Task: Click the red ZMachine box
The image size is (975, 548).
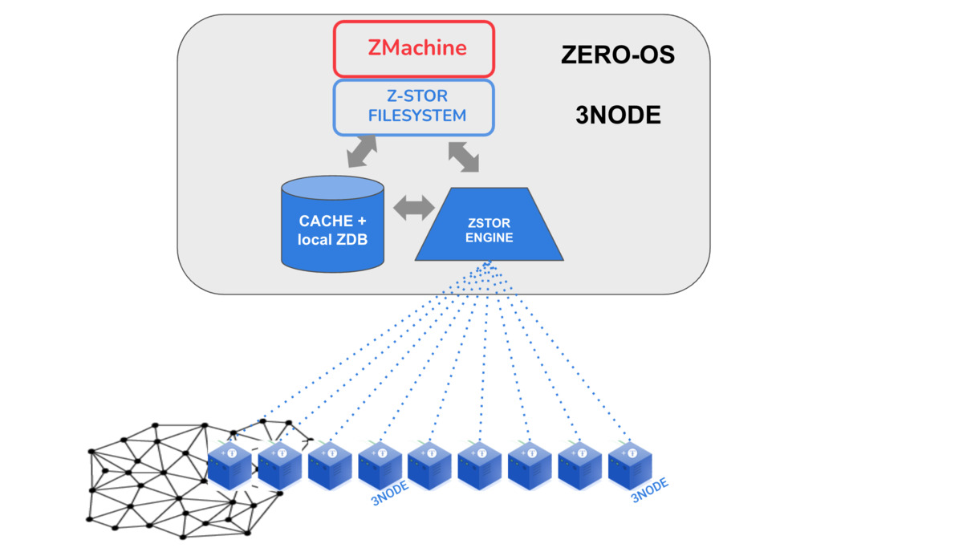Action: (413, 48)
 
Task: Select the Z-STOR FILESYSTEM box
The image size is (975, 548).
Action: (413, 107)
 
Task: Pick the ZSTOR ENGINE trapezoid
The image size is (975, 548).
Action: (488, 229)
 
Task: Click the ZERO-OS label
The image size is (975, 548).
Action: (616, 55)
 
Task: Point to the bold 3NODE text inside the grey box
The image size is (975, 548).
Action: (617, 116)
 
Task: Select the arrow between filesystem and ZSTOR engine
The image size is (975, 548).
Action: (464, 156)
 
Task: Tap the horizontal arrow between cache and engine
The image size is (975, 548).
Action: (414, 208)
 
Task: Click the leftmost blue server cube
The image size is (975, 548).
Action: (230, 466)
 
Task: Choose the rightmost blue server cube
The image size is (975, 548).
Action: (630, 466)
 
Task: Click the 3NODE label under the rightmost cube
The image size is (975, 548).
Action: (649, 490)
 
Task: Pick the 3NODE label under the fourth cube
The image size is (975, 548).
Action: (390, 494)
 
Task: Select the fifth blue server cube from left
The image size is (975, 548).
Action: (429, 466)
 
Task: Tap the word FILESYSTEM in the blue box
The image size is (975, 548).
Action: (416, 116)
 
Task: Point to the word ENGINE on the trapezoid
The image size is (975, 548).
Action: (489, 237)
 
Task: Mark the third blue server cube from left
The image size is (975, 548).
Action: (330, 466)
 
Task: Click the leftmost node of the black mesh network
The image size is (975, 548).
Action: (90, 451)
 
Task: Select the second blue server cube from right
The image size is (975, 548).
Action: (579, 466)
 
